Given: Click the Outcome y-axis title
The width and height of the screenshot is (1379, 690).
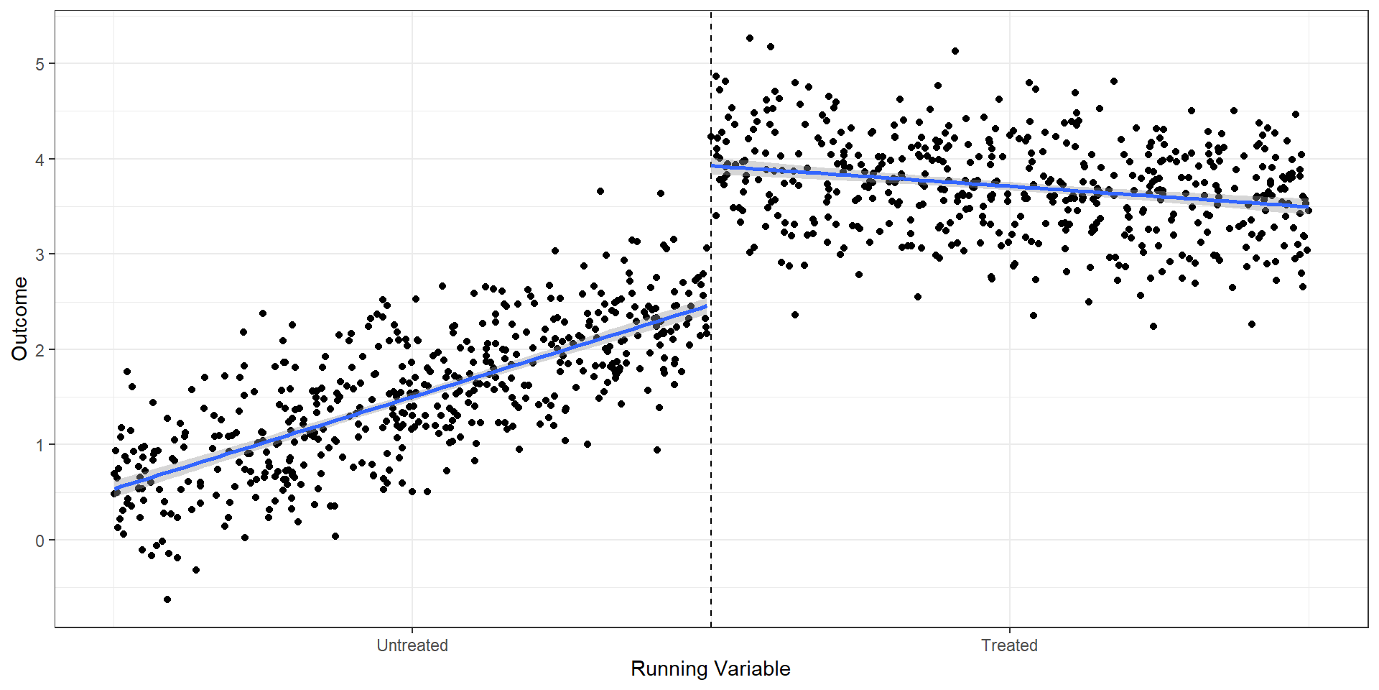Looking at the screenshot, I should pyautogui.click(x=19, y=318).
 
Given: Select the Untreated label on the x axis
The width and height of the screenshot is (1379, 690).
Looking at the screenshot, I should pyautogui.click(x=412, y=645).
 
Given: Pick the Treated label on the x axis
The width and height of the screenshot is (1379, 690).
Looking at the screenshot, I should pyautogui.click(x=1009, y=645).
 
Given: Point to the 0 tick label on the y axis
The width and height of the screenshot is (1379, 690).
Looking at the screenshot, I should pyautogui.click(x=40, y=540).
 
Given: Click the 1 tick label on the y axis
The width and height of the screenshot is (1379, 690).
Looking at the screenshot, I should pyautogui.click(x=40, y=446).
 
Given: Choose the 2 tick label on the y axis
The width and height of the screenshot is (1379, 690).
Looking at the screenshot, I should pyautogui.click(x=40, y=350).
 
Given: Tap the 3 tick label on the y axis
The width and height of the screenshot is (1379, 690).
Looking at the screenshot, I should pyautogui.click(x=40, y=254).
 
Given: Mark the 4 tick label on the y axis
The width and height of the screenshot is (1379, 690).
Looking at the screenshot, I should pyautogui.click(x=40, y=160).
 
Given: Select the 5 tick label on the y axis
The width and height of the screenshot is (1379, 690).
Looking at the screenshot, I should pyautogui.click(x=40, y=64).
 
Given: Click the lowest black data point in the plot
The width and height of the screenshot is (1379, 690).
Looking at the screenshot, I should pyautogui.click(x=167, y=599).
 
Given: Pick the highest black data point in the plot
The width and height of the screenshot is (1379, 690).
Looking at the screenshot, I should pyautogui.click(x=750, y=38).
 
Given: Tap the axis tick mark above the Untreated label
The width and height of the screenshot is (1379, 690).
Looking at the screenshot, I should pyautogui.click(x=412, y=630).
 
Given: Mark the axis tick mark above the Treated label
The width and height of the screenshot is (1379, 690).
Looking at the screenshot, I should pyautogui.click(x=1009, y=630).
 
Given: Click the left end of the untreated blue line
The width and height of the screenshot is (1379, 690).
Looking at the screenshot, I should pyautogui.click(x=116, y=489).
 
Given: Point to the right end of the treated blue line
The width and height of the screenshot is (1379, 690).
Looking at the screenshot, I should pyautogui.click(x=1307, y=207).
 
